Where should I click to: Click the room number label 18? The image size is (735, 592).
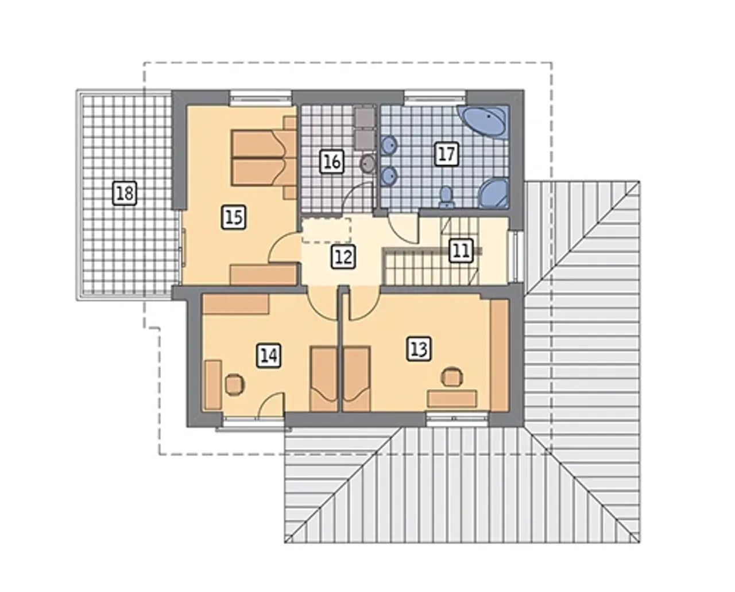coord(125,193)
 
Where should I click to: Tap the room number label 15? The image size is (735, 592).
coord(234,217)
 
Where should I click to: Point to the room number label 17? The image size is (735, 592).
coord(446,154)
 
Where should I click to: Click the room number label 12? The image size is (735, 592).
coord(343,256)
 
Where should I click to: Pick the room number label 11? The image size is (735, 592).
coord(461,251)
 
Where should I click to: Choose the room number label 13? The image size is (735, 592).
coord(419,348)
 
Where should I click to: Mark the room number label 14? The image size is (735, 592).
coord(269,356)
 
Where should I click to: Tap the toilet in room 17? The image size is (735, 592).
coord(446,197)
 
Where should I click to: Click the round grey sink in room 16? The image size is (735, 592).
coord(367,164)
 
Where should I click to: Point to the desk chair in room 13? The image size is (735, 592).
coord(452,377)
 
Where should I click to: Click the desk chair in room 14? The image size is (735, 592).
coord(234,384)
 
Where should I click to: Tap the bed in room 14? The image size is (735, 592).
coord(324,379)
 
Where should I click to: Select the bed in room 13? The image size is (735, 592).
coord(357,379)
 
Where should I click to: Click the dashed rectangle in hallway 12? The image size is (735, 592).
coord(326,231)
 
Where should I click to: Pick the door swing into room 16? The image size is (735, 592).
coord(358,196)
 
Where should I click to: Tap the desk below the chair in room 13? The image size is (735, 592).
coord(452,399)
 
